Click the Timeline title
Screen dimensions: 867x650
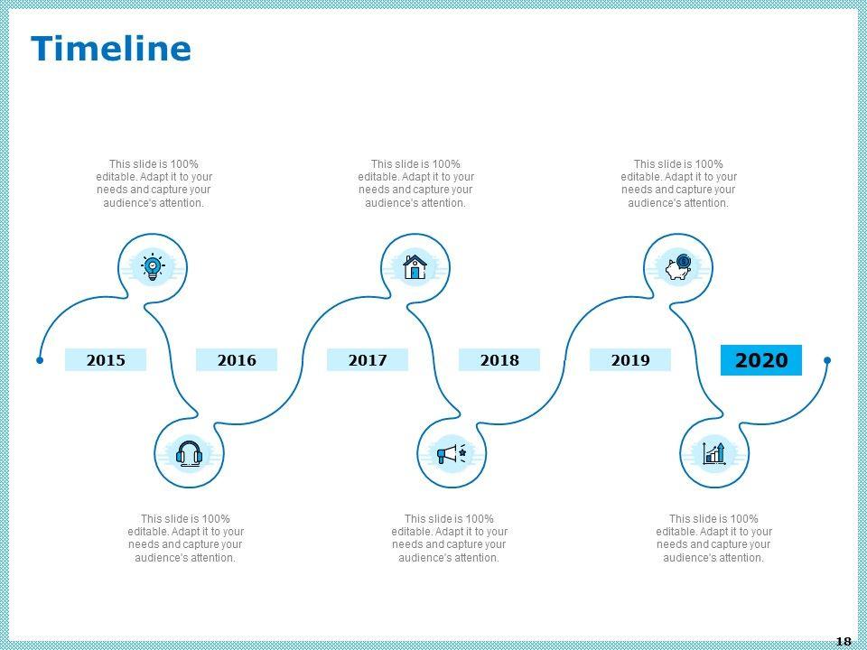[x=111, y=49]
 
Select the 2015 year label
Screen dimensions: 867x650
[x=106, y=360]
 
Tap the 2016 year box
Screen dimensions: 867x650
[x=237, y=360]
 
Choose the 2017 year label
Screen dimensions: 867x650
[x=368, y=360]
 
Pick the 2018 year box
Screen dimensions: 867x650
[x=499, y=360]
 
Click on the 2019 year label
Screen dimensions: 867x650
[x=630, y=360]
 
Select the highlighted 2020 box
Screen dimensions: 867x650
[x=761, y=360]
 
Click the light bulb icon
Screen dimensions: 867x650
[x=153, y=267]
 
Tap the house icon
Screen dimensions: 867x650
[x=415, y=267]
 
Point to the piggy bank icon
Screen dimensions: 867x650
[x=678, y=267]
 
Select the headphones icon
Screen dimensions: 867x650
[x=190, y=453]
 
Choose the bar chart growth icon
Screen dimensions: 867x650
[x=715, y=453]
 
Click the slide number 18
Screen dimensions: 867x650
[x=843, y=641]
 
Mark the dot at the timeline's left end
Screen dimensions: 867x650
[x=40, y=360]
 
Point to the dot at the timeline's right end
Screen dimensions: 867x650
[x=827, y=360]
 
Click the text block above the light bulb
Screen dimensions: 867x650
[x=154, y=183]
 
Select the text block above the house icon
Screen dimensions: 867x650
[x=415, y=183]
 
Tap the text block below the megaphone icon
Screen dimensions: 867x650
[x=449, y=538]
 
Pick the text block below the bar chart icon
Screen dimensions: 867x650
[x=713, y=538]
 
